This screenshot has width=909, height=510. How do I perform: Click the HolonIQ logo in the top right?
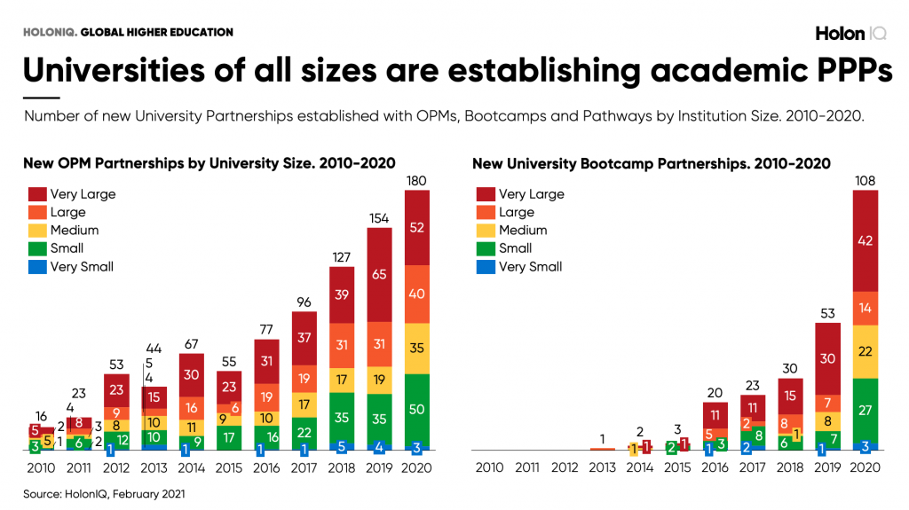850,33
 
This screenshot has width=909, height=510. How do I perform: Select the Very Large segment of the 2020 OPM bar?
416,226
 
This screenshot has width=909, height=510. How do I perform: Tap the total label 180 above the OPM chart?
416,182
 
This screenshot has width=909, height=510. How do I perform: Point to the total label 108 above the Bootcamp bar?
864,182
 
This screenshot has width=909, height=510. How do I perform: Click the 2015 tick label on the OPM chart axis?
230,467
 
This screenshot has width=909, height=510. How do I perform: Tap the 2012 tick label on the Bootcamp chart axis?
566,467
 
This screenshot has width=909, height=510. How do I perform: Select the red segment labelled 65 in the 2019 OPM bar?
379,275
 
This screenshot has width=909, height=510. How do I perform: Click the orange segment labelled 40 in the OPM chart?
416,294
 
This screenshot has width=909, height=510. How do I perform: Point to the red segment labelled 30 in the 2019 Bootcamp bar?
827,358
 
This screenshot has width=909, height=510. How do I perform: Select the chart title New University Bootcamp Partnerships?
651,163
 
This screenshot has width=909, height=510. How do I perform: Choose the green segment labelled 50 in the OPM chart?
416,409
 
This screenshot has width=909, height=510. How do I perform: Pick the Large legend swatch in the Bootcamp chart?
485,212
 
